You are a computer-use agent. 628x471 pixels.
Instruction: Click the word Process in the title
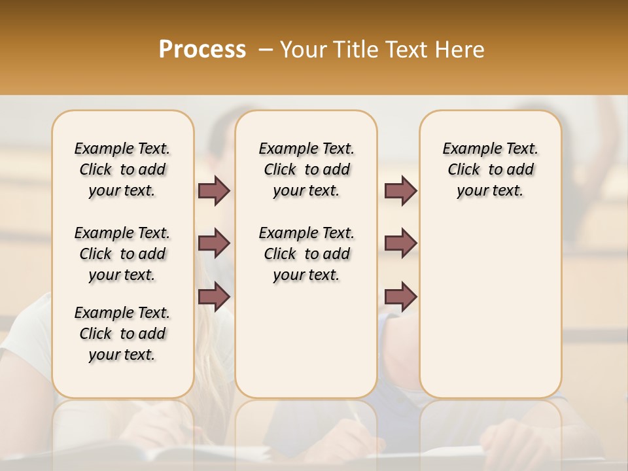(x=202, y=50)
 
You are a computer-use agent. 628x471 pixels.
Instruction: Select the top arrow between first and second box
(x=214, y=190)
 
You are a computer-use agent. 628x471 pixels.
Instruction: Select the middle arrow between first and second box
(x=214, y=243)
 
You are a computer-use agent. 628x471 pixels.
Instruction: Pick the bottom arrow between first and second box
(x=214, y=297)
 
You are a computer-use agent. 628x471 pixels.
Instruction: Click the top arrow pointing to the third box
(x=400, y=190)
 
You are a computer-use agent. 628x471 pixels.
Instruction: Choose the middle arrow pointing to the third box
(x=400, y=243)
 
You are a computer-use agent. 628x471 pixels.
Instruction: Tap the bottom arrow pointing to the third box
(x=400, y=297)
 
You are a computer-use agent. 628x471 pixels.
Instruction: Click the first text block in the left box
(x=122, y=169)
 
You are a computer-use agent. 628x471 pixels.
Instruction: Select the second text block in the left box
(x=122, y=254)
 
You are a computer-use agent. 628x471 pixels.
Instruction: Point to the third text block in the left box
(x=122, y=334)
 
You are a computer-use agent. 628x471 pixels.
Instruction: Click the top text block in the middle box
(x=306, y=169)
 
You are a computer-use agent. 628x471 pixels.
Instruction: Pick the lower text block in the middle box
(x=306, y=254)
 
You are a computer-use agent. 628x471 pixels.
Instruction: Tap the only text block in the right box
(x=490, y=169)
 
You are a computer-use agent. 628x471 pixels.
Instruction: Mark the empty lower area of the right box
(x=490, y=307)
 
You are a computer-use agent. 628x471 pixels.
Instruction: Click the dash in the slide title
(x=265, y=50)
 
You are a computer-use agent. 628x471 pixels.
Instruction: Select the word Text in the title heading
(x=408, y=50)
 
